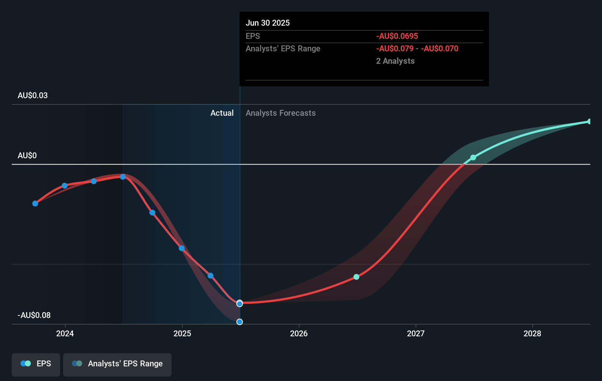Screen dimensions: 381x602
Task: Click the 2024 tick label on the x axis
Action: (65, 333)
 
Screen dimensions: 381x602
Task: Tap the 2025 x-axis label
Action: (182, 333)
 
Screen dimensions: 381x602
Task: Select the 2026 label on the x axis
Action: (299, 333)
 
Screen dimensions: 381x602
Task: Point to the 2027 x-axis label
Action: (416, 333)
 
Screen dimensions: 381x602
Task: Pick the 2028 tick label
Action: (532, 333)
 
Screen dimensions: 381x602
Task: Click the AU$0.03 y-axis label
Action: (33, 96)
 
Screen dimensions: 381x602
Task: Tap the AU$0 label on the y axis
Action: (27, 156)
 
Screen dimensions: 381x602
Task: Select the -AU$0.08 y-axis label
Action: (34, 315)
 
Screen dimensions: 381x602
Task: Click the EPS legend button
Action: (36, 364)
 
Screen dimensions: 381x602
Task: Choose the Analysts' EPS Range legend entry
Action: (117, 364)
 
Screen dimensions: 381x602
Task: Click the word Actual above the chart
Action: (222, 113)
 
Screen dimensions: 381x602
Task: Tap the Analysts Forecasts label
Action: (280, 113)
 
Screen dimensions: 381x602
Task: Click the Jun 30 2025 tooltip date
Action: (268, 23)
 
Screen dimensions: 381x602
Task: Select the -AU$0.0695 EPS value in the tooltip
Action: (397, 36)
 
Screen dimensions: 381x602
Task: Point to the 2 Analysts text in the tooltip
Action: (395, 61)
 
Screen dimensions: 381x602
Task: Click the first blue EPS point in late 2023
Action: (35, 203)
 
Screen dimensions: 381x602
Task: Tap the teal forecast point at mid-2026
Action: (356, 277)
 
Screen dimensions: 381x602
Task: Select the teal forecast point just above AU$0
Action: (473, 158)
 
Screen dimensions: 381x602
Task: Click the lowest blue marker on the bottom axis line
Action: (239, 322)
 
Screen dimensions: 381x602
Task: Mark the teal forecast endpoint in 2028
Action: (590, 122)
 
